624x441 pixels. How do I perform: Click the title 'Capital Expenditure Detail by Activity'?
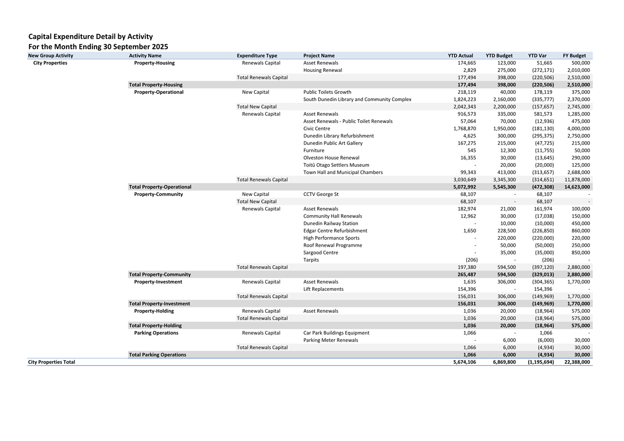(x=90, y=36)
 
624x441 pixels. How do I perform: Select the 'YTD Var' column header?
(x=537, y=55)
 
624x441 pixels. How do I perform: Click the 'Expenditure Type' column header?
(x=257, y=55)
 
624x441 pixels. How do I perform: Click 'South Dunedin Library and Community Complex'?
(x=357, y=99)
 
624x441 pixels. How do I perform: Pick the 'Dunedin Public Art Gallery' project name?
(x=333, y=143)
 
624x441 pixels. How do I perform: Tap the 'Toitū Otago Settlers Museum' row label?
(x=336, y=165)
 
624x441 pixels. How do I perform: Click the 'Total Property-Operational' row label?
(x=160, y=187)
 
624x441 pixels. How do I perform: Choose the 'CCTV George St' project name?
(x=321, y=194)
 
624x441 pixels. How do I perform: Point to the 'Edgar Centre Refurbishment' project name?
(x=335, y=230)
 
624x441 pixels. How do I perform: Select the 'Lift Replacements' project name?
(x=323, y=289)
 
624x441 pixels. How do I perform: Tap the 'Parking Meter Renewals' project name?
(x=330, y=340)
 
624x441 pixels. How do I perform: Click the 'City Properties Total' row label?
(x=52, y=362)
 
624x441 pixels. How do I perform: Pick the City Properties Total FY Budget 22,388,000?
(x=576, y=362)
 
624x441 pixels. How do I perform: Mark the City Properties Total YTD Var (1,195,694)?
(x=540, y=362)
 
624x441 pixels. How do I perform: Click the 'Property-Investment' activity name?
(x=158, y=282)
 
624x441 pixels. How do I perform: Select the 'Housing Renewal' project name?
(x=322, y=70)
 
